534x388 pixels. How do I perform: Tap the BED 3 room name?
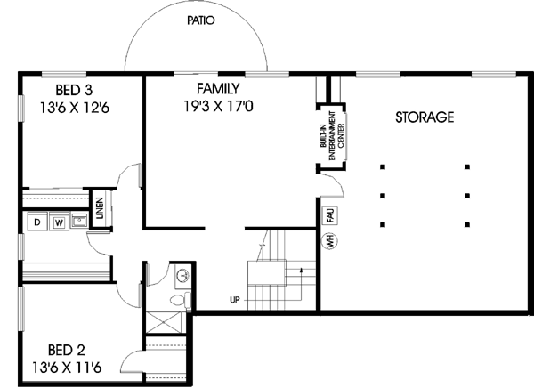coord(74,90)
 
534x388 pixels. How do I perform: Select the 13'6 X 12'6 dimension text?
coord(74,107)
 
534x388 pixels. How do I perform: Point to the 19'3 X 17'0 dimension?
coord(218,106)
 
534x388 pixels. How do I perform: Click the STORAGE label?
coord(425,117)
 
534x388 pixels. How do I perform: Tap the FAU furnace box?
coord(328,214)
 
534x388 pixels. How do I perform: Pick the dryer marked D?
coord(39,221)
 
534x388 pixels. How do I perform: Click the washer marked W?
coord(59,221)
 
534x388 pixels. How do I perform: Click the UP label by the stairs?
coord(235,300)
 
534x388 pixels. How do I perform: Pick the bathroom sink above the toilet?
coord(183,276)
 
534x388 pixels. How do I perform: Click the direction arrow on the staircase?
coord(305,267)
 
